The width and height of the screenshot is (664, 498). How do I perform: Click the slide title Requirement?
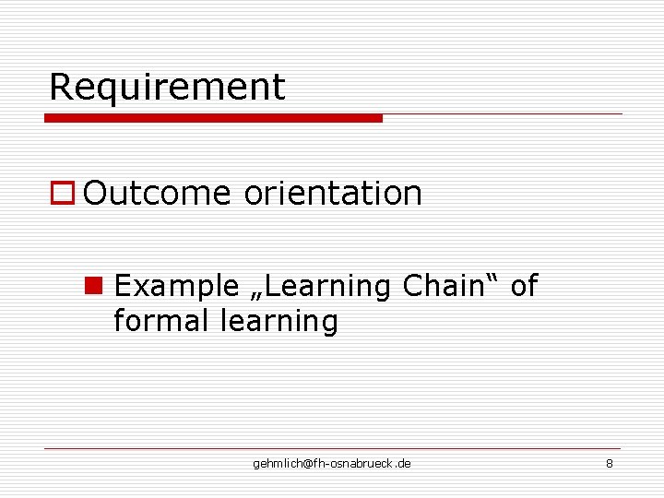pyautogui.click(x=167, y=87)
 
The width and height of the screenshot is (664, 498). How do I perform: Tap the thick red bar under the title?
pyautogui.click(x=213, y=118)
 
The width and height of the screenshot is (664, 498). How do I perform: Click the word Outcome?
pyautogui.click(x=156, y=194)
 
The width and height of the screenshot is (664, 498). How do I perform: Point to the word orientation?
pyautogui.click(x=333, y=194)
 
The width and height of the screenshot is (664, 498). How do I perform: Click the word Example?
pyautogui.click(x=175, y=287)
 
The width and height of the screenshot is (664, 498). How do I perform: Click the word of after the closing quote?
pyautogui.click(x=523, y=286)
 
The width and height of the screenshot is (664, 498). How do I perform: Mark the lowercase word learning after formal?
pyautogui.click(x=279, y=322)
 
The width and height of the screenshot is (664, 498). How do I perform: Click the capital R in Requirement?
pyautogui.click(x=60, y=87)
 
